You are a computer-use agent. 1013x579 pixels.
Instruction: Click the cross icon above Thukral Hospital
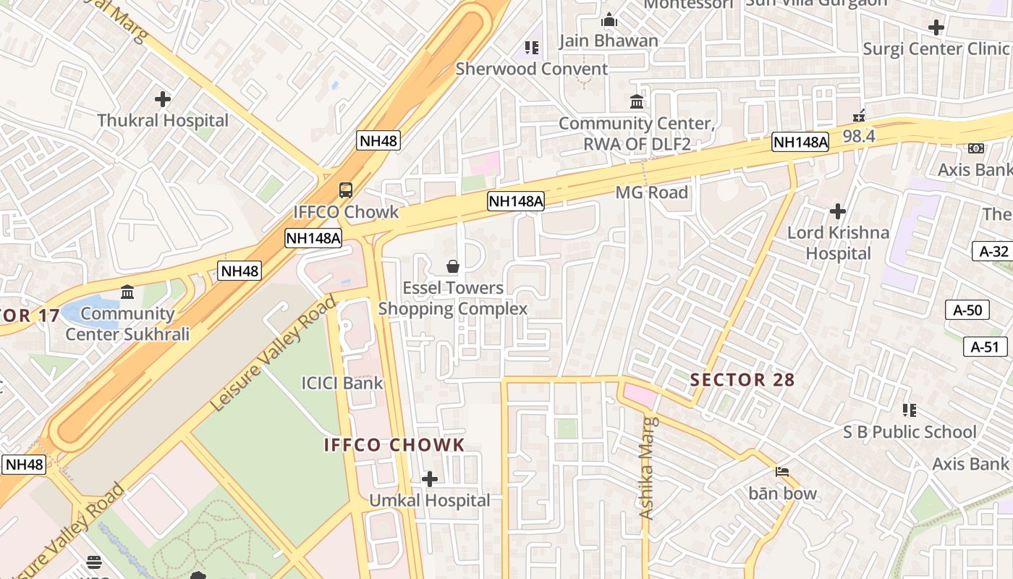coord(163,98)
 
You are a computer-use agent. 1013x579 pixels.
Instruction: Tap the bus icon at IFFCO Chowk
coord(346,190)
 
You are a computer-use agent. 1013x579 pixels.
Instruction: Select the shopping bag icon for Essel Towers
coord(453,266)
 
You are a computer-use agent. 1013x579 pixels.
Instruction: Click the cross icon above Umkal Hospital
coord(430,478)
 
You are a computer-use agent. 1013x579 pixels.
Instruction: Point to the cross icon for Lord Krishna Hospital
coord(838,211)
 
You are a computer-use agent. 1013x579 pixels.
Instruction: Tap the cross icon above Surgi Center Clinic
coord(936,28)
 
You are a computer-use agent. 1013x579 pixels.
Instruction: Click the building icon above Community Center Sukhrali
coord(127,292)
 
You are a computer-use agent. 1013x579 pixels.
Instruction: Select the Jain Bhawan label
coord(609,41)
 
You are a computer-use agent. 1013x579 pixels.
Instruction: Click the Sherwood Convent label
coord(531,69)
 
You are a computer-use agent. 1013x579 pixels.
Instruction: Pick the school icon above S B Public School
coord(910,410)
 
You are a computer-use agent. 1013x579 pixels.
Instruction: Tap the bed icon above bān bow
coord(782,472)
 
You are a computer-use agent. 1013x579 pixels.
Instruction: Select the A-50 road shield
coord(967,310)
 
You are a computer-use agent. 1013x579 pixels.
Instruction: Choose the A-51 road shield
coord(985,347)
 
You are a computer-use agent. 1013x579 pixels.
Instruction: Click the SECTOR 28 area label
coord(742,379)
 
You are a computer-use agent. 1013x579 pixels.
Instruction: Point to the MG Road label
coord(651,193)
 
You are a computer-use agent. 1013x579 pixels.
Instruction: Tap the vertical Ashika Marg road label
coord(648,468)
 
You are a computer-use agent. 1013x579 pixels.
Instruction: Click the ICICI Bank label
coord(342,383)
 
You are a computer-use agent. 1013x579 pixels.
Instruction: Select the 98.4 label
coord(859,135)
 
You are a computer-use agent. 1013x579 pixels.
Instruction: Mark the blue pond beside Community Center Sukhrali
coord(81,312)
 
